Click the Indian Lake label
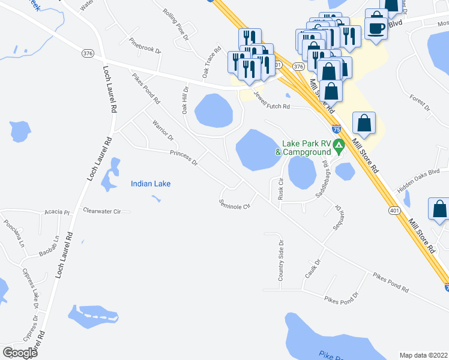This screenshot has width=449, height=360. pyautogui.click(x=151, y=184)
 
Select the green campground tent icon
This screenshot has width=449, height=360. pyautogui.click(x=339, y=145)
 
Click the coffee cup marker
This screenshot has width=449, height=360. pyautogui.click(x=376, y=28)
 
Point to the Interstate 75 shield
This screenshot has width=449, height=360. pyautogui.click(x=337, y=128)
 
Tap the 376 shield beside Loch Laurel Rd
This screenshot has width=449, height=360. pyautogui.click(x=88, y=53)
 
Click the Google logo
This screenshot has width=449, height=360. pyautogui.click(x=20, y=353)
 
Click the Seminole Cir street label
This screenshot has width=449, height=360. pyautogui.click(x=234, y=204)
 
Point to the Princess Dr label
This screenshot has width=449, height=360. pyautogui.click(x=184, y=157)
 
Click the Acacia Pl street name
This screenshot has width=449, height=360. pyautogui.click(x=58, y=212)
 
